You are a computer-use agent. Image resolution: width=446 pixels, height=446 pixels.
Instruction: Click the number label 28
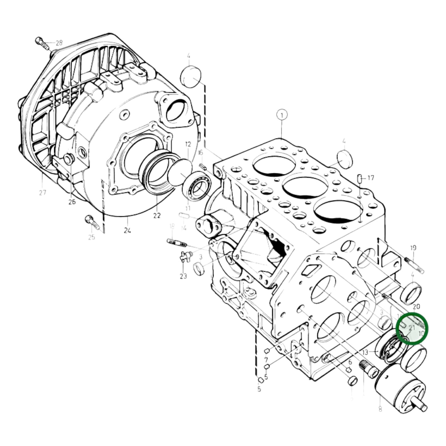click(x=59, y=43)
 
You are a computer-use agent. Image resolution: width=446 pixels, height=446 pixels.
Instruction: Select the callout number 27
click(x=43, y=193)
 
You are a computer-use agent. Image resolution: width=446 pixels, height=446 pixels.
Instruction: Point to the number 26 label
click(x=72, y=202)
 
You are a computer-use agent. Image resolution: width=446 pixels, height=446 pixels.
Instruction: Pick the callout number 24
click(x=127, y=230)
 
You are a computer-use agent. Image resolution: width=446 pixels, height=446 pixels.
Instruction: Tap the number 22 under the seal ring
click(x=157, y=215)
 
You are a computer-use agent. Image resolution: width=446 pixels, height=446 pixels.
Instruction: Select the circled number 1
click(x=281, y=115)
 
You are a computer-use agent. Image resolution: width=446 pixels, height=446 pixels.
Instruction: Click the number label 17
click(x=371, y=178)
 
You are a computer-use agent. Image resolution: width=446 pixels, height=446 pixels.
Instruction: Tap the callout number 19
click(x=413, y=248)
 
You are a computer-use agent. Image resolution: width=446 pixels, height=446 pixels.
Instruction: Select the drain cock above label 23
click(x=185, y=256)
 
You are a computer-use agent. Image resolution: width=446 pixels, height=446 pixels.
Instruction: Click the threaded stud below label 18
click(x=177, y=243)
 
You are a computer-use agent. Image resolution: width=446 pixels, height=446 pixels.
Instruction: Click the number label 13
click(x=365, y=352)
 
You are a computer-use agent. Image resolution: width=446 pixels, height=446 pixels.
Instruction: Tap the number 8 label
click(x=380, y=409)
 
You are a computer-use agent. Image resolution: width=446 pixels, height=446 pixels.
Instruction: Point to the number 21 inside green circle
click(x=412, y=328)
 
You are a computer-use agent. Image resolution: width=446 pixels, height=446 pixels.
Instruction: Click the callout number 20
click(x=416, y=306)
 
